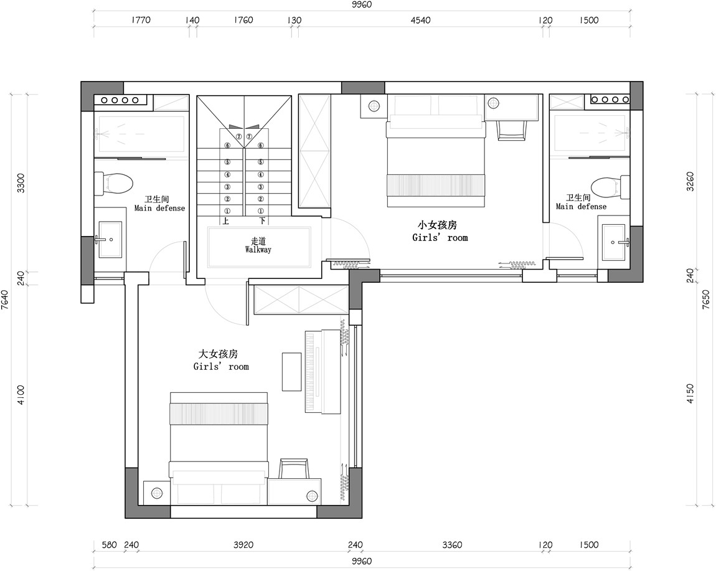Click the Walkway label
click(258, 250)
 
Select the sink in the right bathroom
click(615, 242)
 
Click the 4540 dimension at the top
click(420, 20)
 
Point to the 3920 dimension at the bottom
click(243, 544)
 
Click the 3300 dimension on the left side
click(21, 182)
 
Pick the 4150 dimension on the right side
click(690, 394)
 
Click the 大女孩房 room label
click(218, 354)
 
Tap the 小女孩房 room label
click(437, 225)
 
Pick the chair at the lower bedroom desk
click(294, 469)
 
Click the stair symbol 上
click(226, 222)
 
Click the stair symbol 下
click(262, 222)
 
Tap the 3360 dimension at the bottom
click(452, 544)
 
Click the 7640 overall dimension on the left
click(5, 300)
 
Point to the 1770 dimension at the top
click(141, 20)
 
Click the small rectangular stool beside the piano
click(291, 371)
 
